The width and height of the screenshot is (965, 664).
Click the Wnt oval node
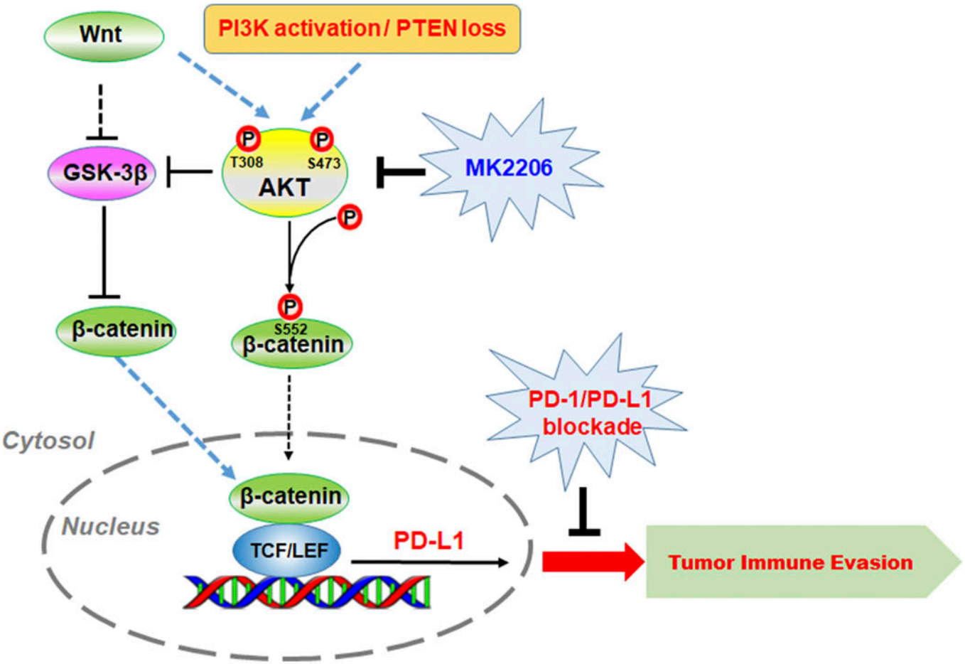click(104, 35)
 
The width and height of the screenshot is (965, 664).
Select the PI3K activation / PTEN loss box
click(362, 29)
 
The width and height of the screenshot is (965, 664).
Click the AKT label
click(284, 187)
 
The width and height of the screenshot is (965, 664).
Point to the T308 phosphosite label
click(246, 163)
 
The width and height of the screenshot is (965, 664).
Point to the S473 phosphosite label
click(324, 164)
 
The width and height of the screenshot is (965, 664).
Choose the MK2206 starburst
click(509, 168)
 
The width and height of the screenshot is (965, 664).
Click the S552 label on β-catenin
click(291, 328)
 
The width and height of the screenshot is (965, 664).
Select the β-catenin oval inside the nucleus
click(290, 496)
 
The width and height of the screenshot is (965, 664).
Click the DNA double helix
click(307, 591)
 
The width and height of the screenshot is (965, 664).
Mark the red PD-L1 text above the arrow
click(428, 541)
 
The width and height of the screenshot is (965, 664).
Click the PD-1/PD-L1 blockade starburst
click(588, 412)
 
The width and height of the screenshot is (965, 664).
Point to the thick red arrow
click(593, 562)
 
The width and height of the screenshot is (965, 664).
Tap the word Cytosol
click(48, 441)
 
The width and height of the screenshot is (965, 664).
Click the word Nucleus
click(110, 526)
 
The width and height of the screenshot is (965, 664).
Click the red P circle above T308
click(247, 139)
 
